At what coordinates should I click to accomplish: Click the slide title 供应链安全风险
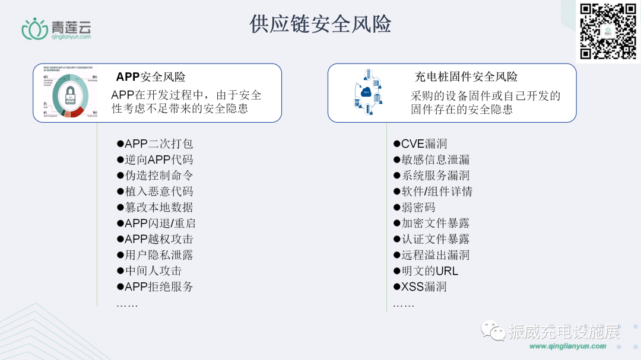320,24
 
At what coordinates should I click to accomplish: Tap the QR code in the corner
608,31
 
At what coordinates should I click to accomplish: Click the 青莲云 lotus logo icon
34,28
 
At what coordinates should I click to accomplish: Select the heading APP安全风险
151,77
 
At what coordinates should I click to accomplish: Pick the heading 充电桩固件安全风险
466,77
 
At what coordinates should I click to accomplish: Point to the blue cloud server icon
366,93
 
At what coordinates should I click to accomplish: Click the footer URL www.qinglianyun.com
567,346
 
